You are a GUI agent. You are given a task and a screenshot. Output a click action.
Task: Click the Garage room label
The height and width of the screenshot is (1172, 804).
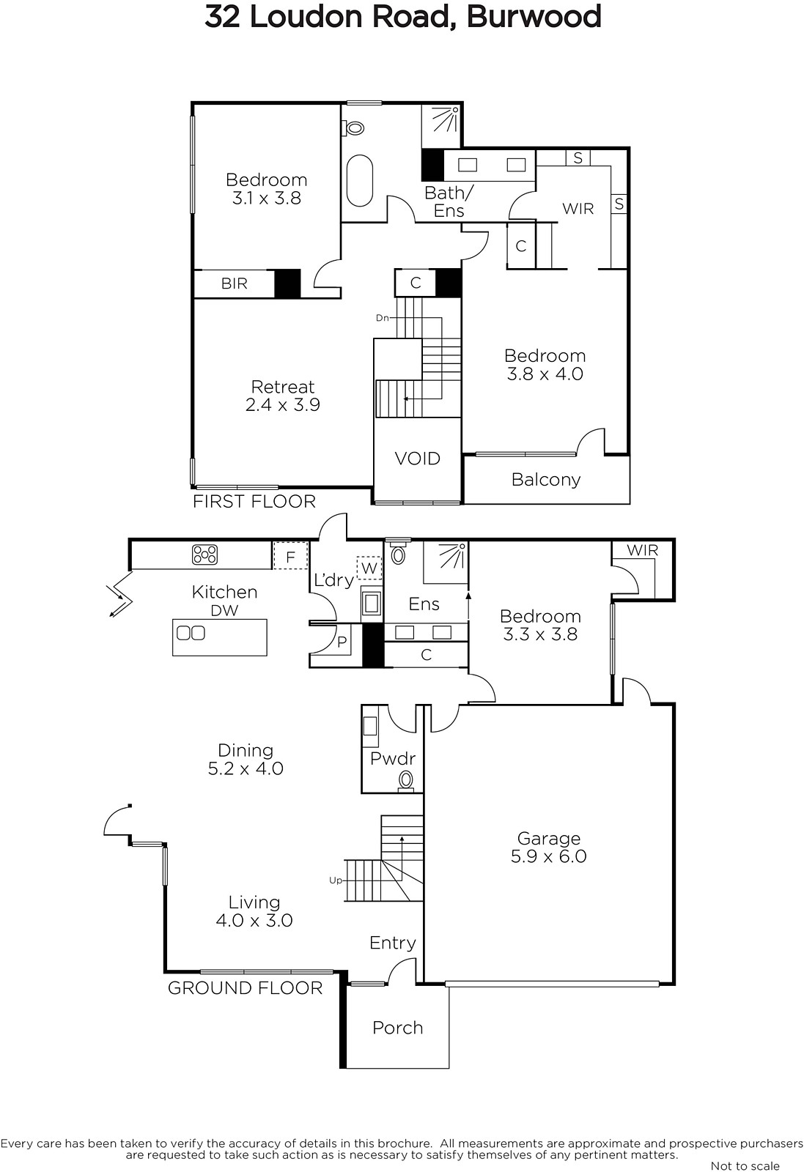[548, 838]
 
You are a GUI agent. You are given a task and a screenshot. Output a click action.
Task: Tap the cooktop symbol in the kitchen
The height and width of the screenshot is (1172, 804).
[204, 555]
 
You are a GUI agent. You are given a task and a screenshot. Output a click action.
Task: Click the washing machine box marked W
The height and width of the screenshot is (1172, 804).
[369, 568]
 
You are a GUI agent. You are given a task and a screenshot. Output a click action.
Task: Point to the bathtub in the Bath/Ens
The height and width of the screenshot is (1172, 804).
[360, 180]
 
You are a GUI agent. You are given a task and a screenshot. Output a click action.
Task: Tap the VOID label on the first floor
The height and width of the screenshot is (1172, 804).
[417, 459]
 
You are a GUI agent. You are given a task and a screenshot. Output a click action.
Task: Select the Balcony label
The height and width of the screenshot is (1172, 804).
[546, 480]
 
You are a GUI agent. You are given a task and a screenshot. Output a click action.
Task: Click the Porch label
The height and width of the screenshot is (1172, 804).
[398, 1028]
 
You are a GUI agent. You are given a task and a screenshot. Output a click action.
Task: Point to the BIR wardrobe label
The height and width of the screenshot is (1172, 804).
[234, 283]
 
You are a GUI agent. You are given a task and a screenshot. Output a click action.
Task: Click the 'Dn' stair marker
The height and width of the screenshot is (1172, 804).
[383, 318]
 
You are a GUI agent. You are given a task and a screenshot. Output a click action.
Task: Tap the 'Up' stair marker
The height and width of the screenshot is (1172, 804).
[336, 880]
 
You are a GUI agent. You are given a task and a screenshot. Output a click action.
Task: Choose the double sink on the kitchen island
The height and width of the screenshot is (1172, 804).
[191, 633]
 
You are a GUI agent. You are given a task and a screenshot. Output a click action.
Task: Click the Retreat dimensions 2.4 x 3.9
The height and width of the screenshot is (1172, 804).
[283, 404]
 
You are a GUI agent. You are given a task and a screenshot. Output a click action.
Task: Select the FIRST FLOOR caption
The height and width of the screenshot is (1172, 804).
[254, 501]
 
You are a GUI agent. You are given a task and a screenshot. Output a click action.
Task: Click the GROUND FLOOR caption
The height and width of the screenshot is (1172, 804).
[245, 988]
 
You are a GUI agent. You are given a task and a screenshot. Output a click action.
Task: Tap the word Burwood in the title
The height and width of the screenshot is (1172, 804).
[534, 16]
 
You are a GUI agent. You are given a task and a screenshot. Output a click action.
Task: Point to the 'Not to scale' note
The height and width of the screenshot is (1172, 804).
[745, 1165]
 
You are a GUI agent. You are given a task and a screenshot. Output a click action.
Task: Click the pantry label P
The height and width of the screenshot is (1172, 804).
[342, 642]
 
